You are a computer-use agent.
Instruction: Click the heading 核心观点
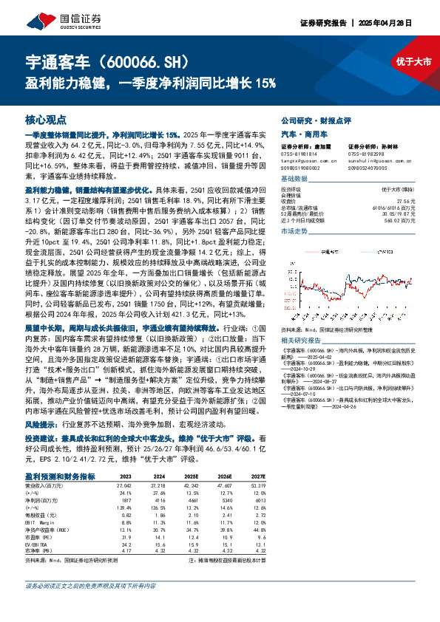pos(46,119)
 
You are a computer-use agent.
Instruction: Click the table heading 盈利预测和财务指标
pos(60,476)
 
